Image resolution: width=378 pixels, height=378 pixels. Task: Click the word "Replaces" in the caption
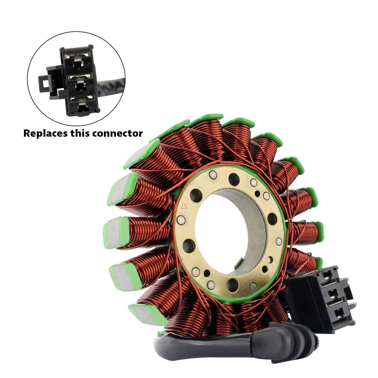[45, 134]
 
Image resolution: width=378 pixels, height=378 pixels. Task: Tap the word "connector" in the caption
[117, 133]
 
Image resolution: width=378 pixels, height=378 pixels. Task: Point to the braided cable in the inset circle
[111, 86]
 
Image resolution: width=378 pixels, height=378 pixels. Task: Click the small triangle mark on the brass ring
[184, 206]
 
